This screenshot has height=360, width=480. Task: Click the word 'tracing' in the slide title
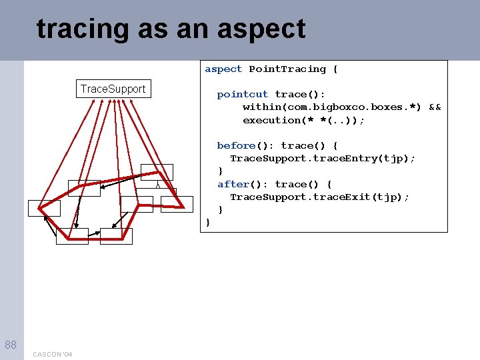click(x=83, y=29)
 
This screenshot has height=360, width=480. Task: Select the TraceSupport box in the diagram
click(x=113, y=89)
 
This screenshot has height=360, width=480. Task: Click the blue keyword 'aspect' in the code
click(x=223, y=69)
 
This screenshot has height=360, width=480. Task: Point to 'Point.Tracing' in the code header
click(x=287, y=69)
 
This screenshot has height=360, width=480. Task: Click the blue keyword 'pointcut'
click(x=242, y=95)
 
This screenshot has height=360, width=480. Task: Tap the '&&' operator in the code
click(x=434, y=107)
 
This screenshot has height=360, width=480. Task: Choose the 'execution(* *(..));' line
click(x=303, y=120)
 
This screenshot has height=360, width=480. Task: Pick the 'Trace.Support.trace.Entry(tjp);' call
click(x=323, y=158)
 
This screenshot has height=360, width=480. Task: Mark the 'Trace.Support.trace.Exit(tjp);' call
click(x=319, y=197)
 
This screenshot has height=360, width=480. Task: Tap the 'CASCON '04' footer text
click(x=53, y=353)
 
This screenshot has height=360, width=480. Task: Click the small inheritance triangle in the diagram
click(x=157, y=185)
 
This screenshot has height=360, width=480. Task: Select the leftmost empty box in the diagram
click(x=44, y=207)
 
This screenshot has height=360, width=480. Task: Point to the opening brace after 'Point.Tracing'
click(x=335, y=69)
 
